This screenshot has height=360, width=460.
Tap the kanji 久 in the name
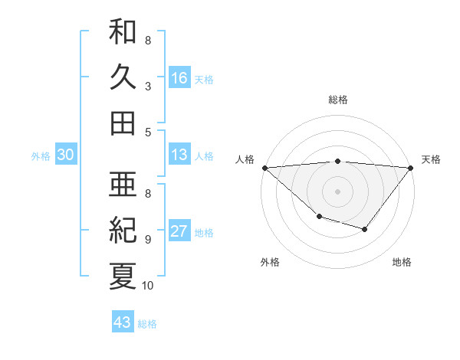[x=123, y=77]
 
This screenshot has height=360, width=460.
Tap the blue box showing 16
[x=179, y=77]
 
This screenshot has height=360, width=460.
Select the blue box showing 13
[x=179, y=155]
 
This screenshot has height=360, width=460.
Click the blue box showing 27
[x=179, y=232]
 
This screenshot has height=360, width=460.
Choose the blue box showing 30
[x=65, y=155]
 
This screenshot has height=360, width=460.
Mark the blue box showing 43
[x=123, y=322]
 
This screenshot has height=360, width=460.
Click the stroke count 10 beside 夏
[x=148, y=286]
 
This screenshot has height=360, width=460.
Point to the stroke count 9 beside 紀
[x=147, y=239]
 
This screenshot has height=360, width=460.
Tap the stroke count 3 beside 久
[x=147, y=87]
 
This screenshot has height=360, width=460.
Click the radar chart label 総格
[x=338, y=100]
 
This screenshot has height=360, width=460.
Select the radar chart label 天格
[x=431, y=159]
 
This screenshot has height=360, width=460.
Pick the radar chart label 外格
[x=269, y=262]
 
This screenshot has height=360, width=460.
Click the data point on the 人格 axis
[x=264, y=168]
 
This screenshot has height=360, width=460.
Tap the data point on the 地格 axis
[x=365, y=229]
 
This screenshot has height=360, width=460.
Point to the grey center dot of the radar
[x=338, y=191]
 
